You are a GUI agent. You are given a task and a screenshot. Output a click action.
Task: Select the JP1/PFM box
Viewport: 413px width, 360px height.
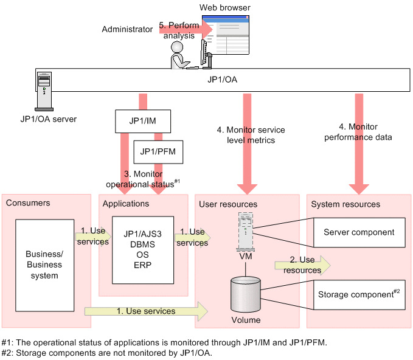click(158, 151)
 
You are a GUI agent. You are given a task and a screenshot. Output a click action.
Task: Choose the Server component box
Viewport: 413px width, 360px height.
click(358, 232)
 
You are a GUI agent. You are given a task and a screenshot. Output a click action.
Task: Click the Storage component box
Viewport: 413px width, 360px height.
click(358, 295)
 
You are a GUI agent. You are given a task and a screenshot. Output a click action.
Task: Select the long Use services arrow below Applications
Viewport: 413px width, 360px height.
click(146, 311)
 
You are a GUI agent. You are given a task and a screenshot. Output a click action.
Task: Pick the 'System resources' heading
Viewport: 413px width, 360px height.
click(345, 204)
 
